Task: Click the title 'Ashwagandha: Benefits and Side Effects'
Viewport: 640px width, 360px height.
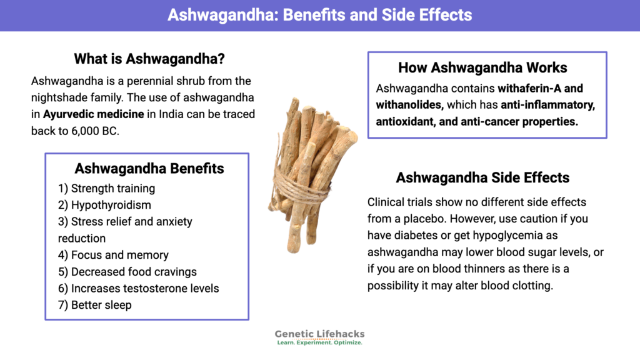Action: (319, 15)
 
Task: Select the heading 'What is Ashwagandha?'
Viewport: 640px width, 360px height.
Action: (149, 59)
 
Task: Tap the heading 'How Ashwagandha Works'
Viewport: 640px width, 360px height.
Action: (482, 67)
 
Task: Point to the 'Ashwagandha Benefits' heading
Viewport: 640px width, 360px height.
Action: (149, 169)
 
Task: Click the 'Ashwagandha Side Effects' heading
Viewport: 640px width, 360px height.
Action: (482, 178)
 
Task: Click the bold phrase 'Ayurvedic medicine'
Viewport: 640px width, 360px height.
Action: (94, 114)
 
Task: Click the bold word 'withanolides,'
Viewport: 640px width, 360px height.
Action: (409, 105)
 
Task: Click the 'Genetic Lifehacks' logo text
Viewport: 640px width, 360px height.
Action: (319, 334)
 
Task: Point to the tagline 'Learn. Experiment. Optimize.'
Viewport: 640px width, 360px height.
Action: (319, 343)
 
